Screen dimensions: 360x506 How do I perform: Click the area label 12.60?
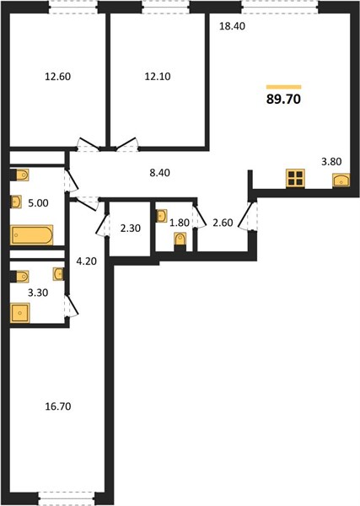pos(57,77)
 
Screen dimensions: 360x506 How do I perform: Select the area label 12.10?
pos(158,77)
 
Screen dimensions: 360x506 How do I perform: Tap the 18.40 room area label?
pos(232,26)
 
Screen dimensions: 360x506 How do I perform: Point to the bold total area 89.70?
pos(283,99)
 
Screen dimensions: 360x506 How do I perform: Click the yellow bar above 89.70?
pos(284,87)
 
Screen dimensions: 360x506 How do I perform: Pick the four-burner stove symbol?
pos(295,178)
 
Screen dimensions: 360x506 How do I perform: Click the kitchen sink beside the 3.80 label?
pos(341,180)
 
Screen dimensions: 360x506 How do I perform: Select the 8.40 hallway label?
pos(159,173)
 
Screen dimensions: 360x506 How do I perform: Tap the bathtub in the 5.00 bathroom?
pos(31,235)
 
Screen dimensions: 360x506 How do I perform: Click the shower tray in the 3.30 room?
pos(20,313)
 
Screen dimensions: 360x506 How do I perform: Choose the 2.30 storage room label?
pos(131,229)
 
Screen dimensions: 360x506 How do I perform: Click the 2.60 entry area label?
pos(223,223)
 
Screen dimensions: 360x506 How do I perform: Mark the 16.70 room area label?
pos(58,406)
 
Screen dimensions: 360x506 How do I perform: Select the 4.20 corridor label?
pos(87,261)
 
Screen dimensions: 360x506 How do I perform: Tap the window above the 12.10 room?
pos(165,7)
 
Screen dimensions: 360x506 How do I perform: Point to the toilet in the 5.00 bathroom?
pos(19,175)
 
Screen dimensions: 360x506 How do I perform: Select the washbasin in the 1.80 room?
pos(162,216)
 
